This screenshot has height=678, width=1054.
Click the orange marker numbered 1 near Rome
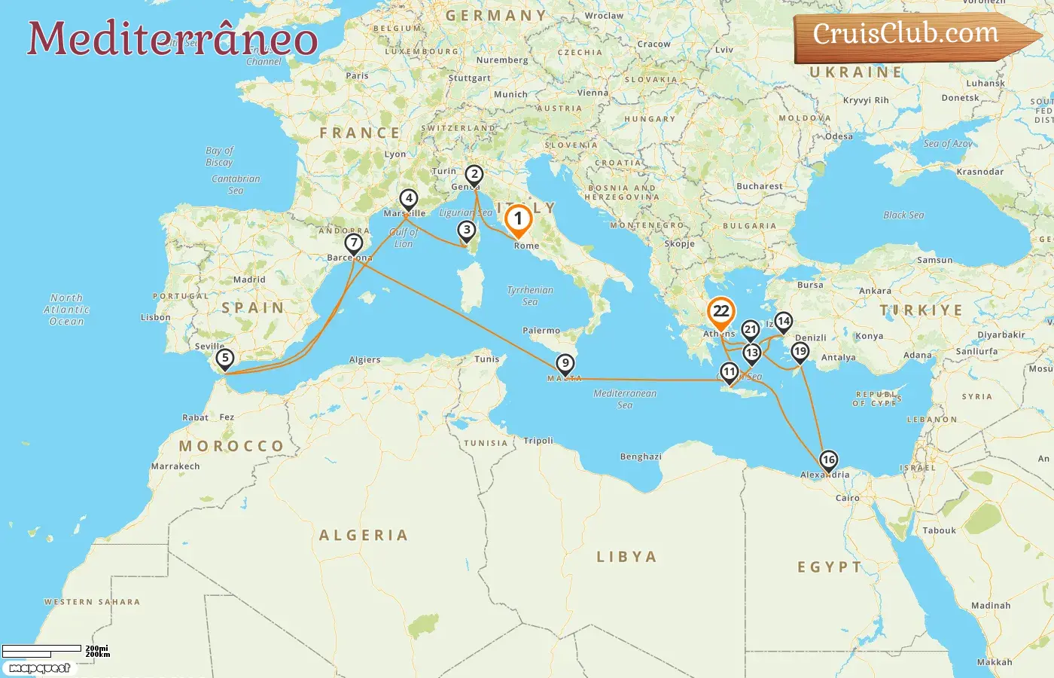tap(518, 220)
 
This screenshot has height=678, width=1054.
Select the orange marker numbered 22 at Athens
tap(721, 312)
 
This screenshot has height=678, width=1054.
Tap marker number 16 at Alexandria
tap(828, 460)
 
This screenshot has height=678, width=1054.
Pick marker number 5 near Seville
tap(224, 359)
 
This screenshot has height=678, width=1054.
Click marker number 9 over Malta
tap(565, 364)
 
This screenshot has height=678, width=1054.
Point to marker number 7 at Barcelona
tap(353, 243)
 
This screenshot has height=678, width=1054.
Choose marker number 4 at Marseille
tap(408, 199)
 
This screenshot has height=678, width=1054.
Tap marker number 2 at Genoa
tap(474, 175)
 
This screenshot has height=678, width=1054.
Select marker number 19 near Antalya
tap(800, 351)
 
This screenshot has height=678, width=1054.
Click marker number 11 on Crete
tap(729, 371)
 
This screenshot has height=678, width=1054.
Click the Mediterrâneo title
tap(172, 38)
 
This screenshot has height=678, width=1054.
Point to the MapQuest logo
tap(39, 668)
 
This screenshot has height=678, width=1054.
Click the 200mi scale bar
tap(42, 649)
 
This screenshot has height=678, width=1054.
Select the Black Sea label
tap(903, 215)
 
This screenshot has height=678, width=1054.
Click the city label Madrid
tap(249, 279)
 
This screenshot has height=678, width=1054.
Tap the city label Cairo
tap(847, 498)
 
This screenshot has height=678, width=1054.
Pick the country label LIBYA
tap(626, 557)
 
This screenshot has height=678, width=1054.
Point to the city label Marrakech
tap(175, 466)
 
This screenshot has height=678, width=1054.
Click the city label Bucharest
tap(759, 186)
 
